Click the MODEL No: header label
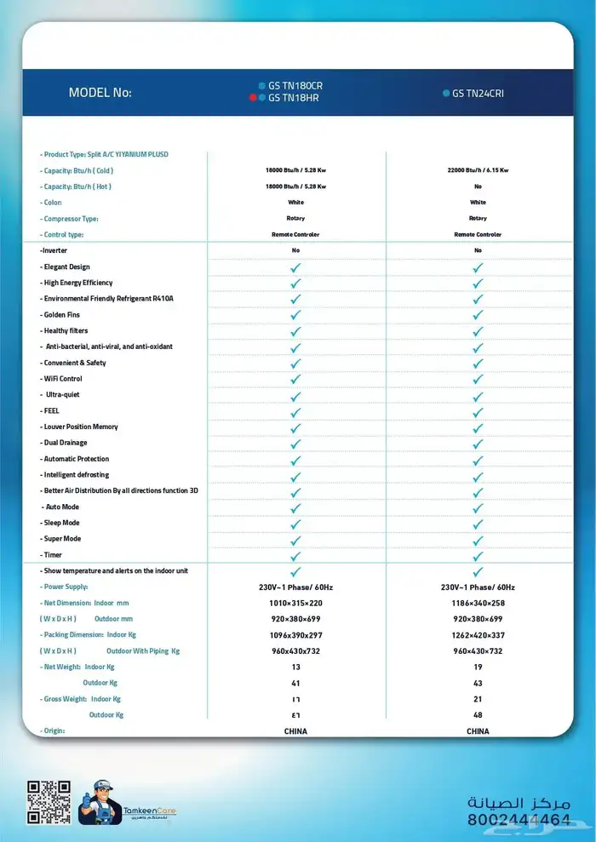pos(100,92)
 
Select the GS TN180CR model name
pos(295,86)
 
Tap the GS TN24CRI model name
pos(478,93)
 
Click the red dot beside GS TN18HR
pos(252,98)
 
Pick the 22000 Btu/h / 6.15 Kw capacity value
pos(478,170)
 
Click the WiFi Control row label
pos(61,378)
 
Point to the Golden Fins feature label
pos(60,314)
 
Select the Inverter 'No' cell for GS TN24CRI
pos(478,250)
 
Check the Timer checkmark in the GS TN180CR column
pos(295,555)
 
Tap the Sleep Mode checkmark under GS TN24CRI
pos(478,523)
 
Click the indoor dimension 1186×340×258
pos(478,603)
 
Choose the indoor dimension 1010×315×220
pos(295,603)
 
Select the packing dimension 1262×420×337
pos(478,635)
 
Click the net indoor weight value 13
pos(295,667)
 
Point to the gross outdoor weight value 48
pos(478,714)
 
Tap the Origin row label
pos(53,730)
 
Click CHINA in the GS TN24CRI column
pos(478,730)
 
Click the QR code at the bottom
pos(49,801)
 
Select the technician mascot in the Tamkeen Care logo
pos(100,801)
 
